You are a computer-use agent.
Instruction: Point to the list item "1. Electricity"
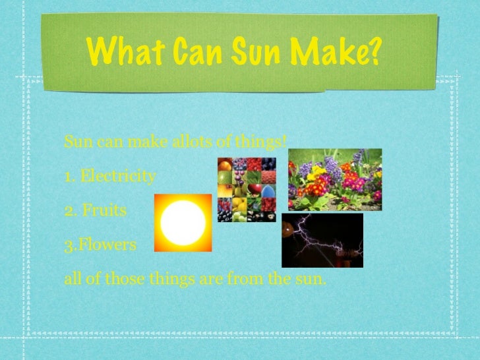click(x=110, y=177)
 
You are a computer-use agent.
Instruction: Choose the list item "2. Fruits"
click(x=95, y=211)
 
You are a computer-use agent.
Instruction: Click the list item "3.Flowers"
click(x=100, y=245)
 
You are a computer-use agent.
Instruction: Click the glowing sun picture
click(x=183, y=223)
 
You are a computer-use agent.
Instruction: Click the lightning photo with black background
click(x=322, y=240)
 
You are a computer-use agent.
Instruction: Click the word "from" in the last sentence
click(x=243, y=280)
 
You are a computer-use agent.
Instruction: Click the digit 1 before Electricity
click(x=68, y=177)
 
